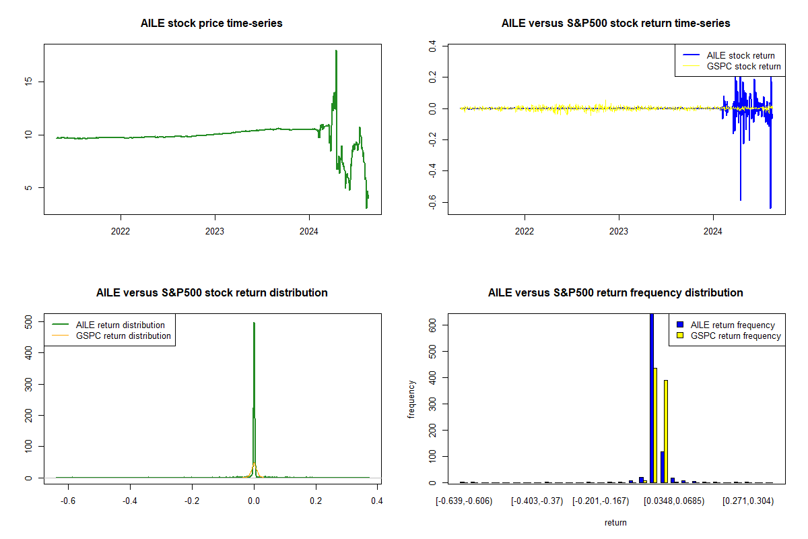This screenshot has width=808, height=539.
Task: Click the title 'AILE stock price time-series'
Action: (x=211, y=24)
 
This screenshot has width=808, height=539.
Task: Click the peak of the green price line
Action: (x=336, y=51)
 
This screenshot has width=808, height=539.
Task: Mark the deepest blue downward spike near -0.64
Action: (x=770, y=207)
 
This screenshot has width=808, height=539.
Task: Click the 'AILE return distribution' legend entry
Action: (x=121, y=325)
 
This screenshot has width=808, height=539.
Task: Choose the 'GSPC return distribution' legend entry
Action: (x=123, y=336)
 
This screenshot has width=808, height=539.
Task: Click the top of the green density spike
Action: (x=254, y=323)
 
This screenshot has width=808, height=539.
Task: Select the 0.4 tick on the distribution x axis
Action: (x=377, y=501)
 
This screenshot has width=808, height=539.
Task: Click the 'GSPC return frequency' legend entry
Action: (x=735, y=336)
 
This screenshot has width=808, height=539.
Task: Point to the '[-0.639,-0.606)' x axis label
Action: (x=464, y=501)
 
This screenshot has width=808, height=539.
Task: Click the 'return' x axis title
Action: (x=615, y=523)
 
